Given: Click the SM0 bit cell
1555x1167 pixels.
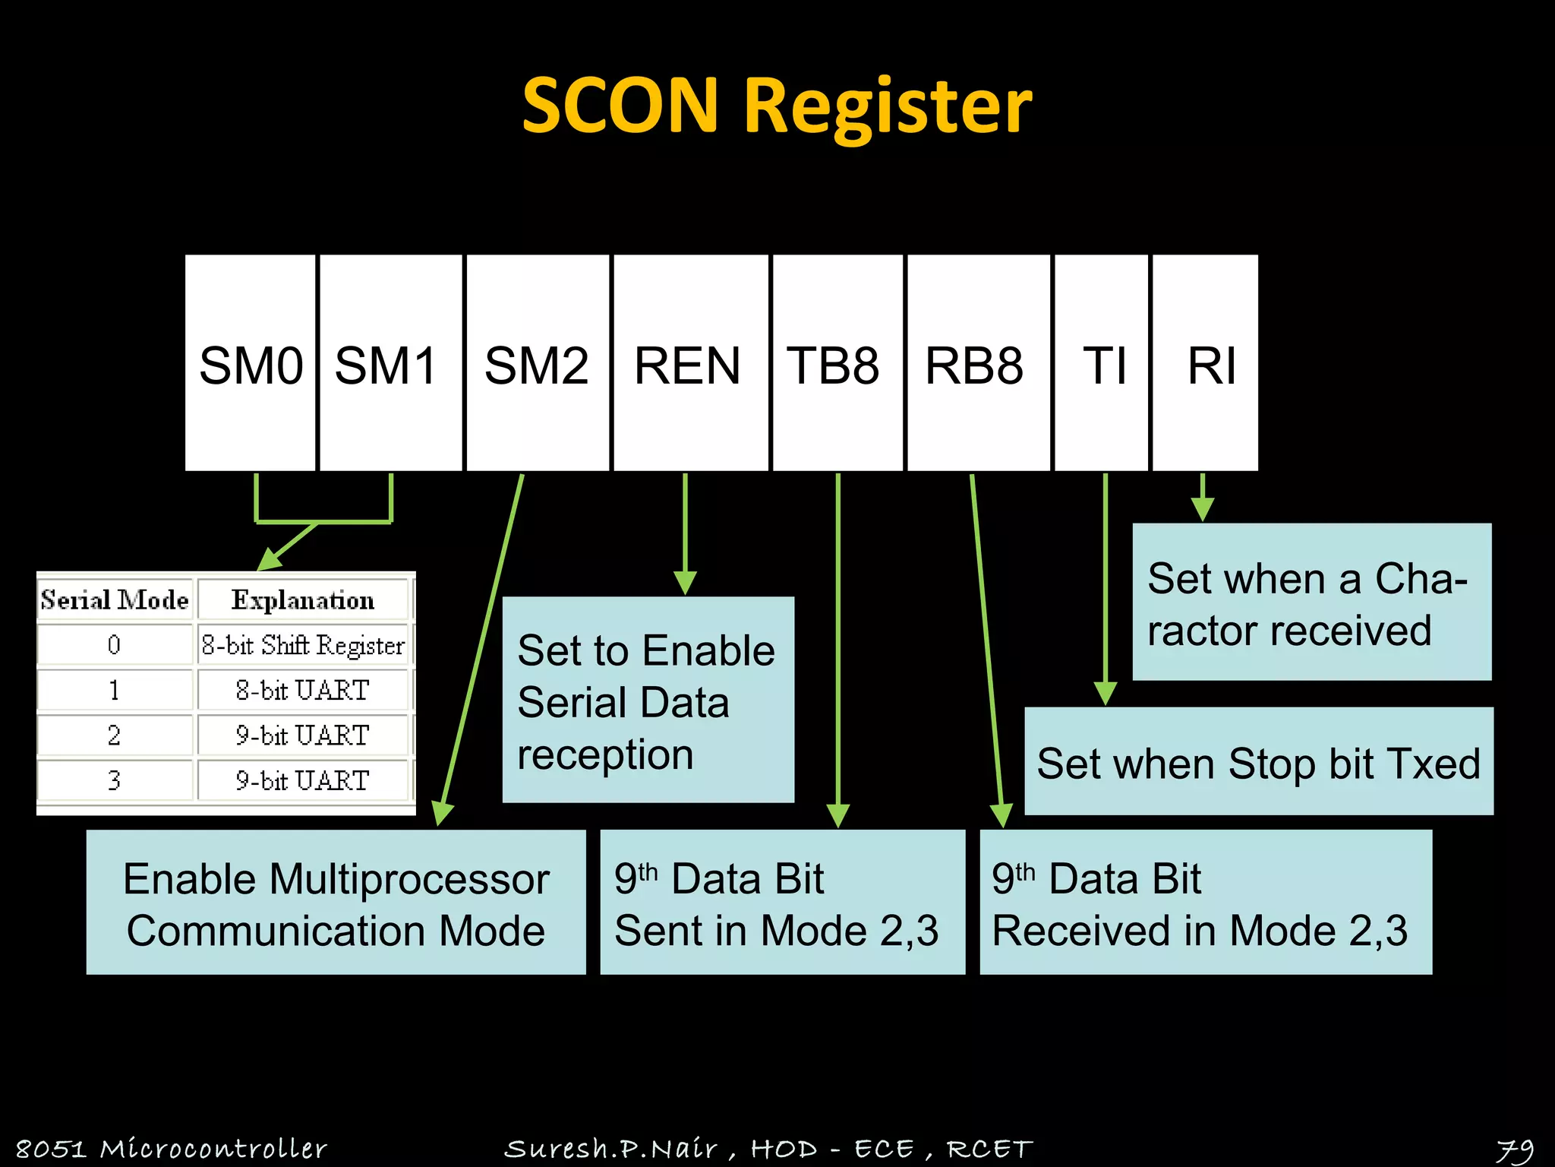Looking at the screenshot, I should click(251, 363).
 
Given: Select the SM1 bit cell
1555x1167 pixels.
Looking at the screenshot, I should click(390, 363).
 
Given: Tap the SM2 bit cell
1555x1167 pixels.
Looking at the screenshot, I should click(538, 363).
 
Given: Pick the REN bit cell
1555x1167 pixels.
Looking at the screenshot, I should click(689, 363).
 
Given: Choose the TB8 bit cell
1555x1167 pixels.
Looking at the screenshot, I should click(837, 363).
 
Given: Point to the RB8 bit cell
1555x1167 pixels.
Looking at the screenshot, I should click(978, 363).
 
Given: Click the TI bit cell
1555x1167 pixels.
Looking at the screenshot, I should click(1102, 363).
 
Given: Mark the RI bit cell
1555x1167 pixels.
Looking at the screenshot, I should click(1206, 363).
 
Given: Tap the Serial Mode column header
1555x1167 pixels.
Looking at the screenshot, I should click(115, 600).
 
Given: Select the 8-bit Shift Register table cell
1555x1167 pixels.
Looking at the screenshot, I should click(303, 645).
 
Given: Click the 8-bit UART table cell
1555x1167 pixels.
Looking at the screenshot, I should click(303, 690).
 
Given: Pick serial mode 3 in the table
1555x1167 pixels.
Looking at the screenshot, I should click(114, 780).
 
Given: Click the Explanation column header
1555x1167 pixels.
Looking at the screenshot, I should click(303, 600).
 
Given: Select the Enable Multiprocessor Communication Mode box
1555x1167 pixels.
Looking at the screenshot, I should click(336, 903).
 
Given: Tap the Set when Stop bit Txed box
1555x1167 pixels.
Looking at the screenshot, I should click(1258, 762).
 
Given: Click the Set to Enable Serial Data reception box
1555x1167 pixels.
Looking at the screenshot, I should click(648, 701).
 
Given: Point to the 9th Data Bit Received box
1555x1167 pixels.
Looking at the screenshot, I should click(1206, 903).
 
